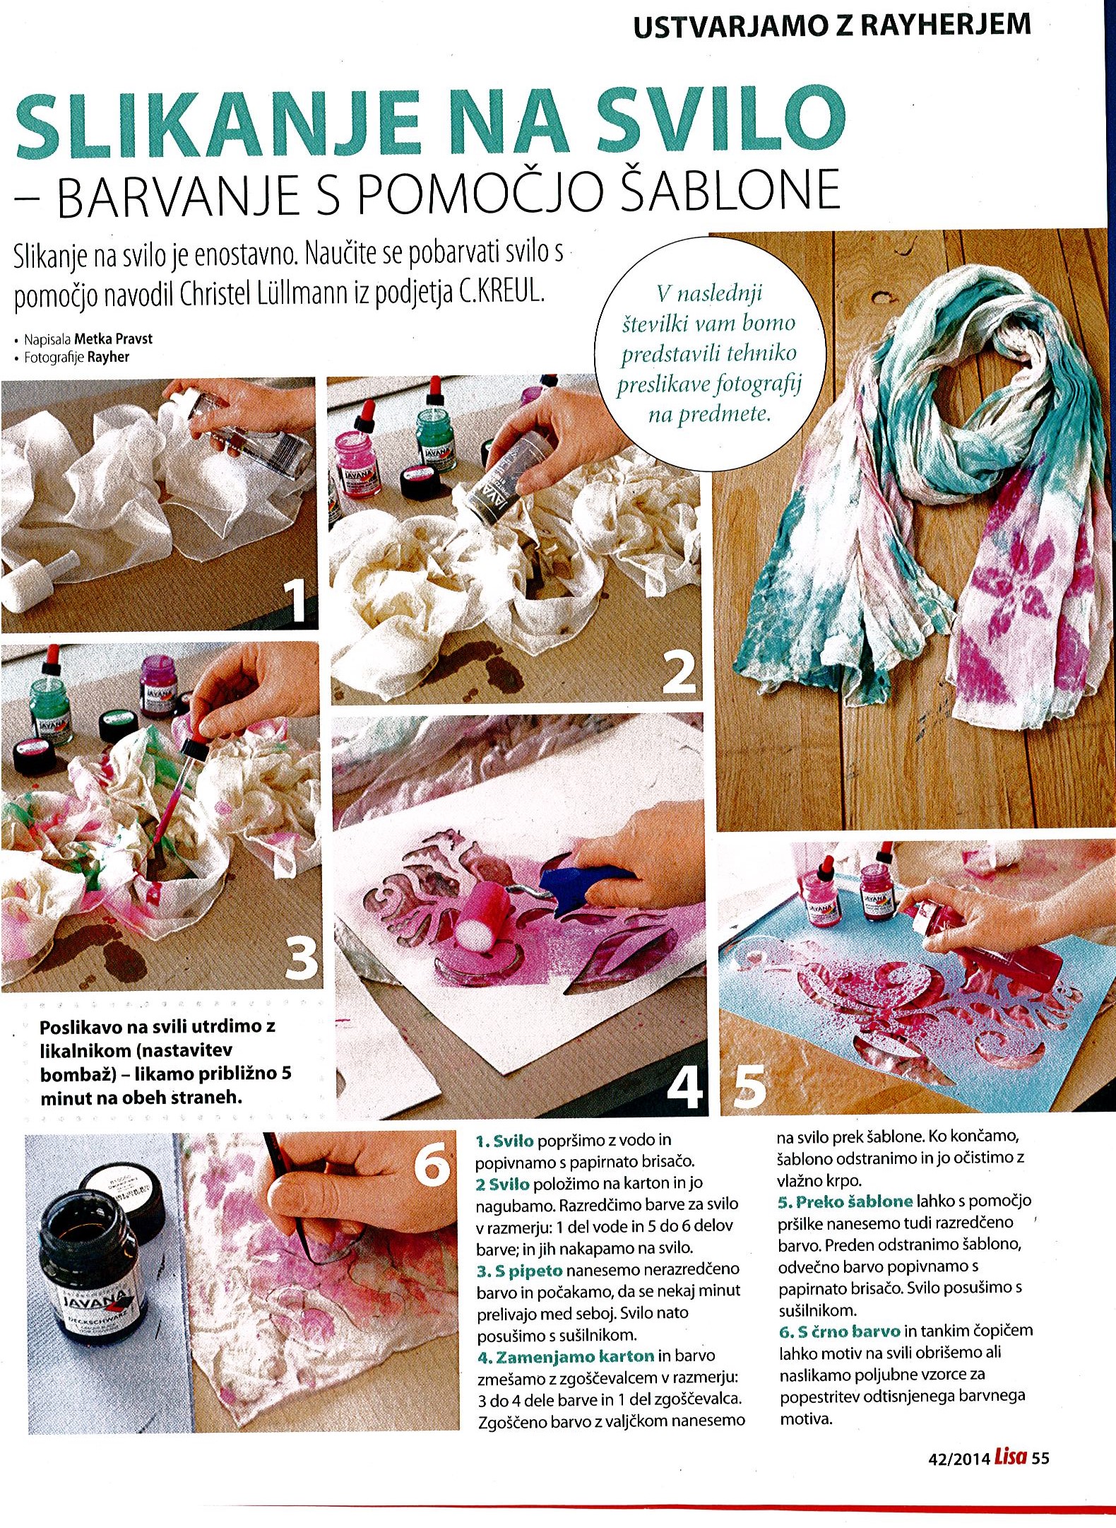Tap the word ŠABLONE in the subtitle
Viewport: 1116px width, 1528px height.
pos(730,190)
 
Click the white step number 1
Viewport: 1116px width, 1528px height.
pos(297,600)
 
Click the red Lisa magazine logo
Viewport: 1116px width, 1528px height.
pos(1010,1457)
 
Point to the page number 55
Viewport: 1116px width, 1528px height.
pos(1040,1458)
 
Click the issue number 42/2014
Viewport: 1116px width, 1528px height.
pos(958,1459)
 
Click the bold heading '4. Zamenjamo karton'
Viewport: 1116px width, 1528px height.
pos(565,1356)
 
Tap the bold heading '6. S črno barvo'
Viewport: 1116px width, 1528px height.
pos(839,1332)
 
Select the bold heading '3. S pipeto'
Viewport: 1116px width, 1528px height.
pos(519,1270)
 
